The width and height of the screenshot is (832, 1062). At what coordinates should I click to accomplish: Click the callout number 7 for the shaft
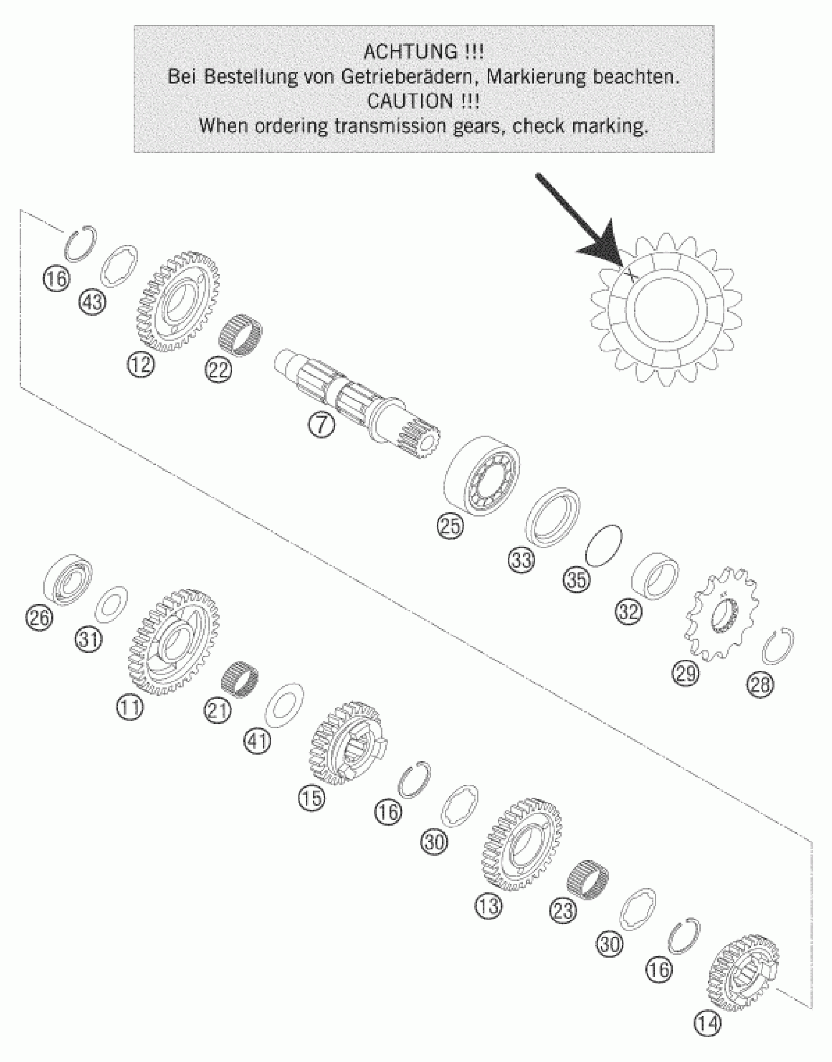pyautogui.click(x=322, y=425)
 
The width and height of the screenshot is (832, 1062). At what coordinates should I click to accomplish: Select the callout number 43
pyautogui.click(x=92, y=302)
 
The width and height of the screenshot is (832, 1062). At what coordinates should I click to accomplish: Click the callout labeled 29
pyautogui.click(x=686, y=674)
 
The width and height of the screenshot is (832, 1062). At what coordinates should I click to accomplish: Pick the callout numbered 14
pyautogui.click(x=708, y=1023)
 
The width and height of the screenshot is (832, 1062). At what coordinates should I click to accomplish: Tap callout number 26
pyautogui.click(x=39, y=617)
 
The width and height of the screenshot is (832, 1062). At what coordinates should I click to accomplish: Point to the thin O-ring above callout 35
pyautogui.click(x=604, y=546)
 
